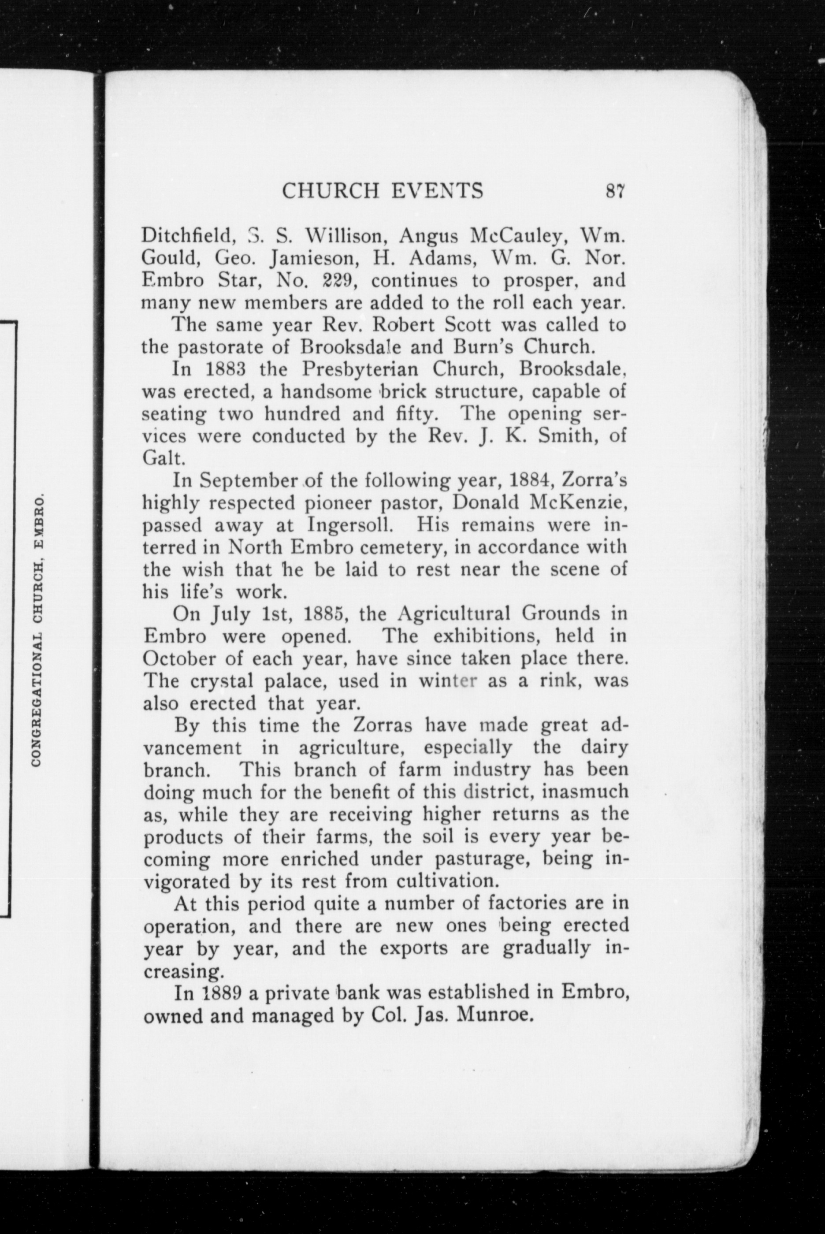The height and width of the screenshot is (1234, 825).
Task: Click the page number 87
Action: (x=614, y=190)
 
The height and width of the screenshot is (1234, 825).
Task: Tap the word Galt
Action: (x=163, y=459)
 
